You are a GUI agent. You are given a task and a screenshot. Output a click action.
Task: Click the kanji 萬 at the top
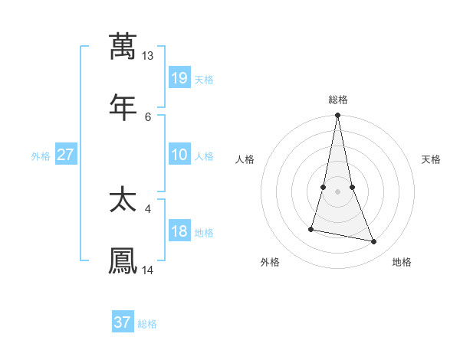123,47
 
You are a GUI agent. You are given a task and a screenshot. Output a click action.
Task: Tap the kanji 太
123,201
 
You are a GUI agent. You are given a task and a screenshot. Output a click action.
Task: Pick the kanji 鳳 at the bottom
123,260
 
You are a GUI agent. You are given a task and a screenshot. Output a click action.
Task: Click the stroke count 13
148,56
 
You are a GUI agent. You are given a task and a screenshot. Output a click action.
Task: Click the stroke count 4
148,208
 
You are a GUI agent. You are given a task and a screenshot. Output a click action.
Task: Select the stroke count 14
148,270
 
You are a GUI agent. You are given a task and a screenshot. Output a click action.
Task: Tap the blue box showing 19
179,77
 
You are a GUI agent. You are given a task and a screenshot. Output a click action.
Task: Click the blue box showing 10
179,154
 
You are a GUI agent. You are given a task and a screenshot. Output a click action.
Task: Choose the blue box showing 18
179,231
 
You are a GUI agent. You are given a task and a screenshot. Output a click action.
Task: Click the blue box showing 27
66,154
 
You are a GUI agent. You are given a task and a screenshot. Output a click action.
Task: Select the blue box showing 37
123,322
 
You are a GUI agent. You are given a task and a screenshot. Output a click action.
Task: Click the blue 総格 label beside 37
147,324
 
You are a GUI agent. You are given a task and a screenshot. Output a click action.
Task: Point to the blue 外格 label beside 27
41,155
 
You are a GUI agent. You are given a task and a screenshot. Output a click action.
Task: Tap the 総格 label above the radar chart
338,100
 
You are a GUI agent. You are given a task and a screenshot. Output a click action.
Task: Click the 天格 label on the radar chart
431,159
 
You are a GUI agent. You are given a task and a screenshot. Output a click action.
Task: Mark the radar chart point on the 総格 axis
337,116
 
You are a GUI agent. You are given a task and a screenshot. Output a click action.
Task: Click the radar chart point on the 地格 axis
374,242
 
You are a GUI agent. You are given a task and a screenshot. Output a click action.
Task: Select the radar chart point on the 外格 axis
311,228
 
